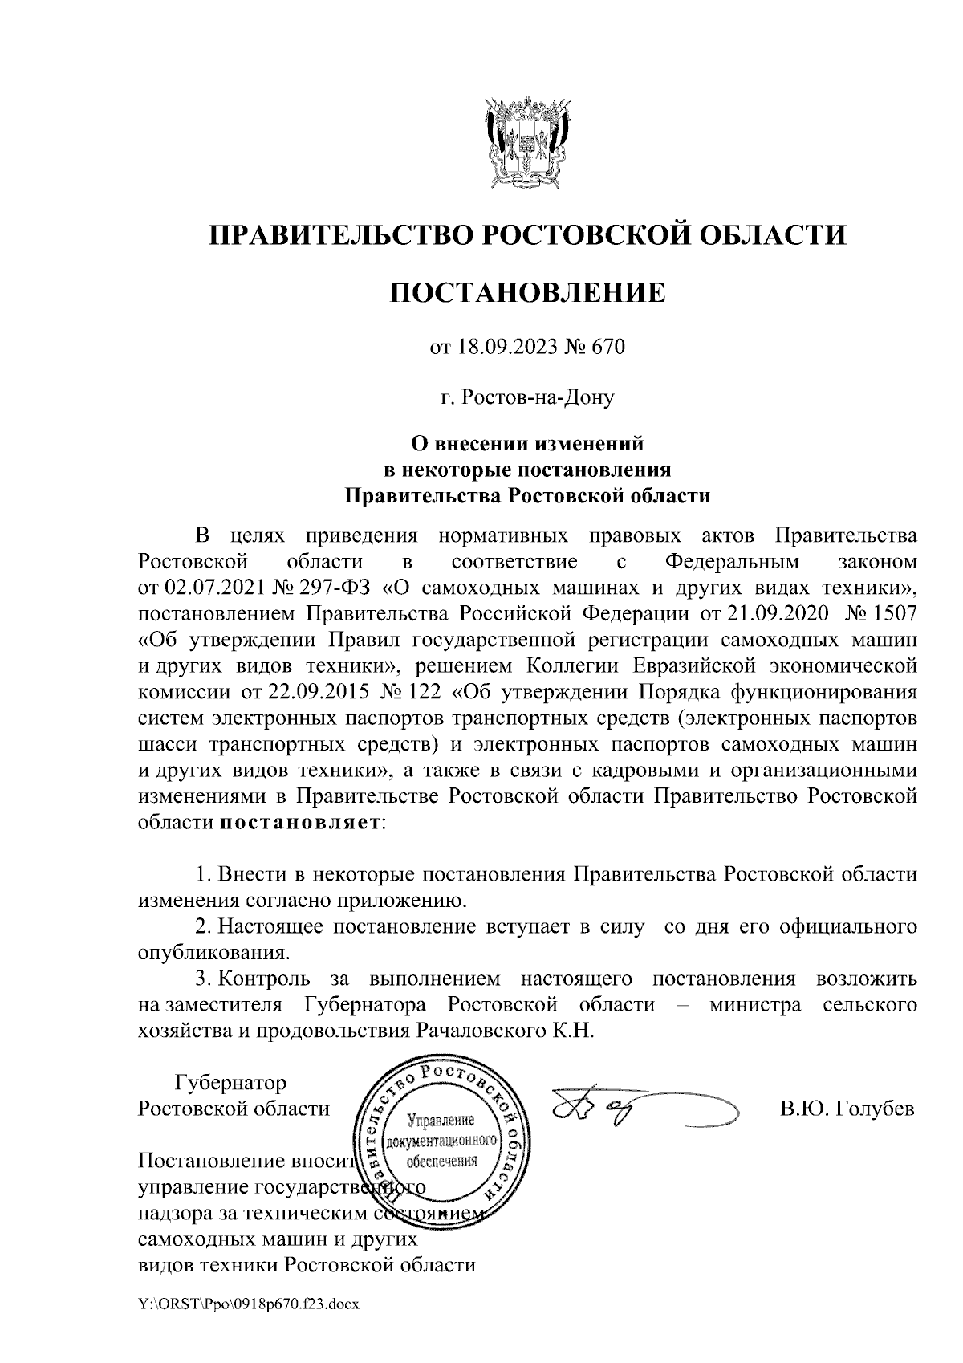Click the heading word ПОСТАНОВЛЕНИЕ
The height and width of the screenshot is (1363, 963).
pyautogui.click(x=527, y=293)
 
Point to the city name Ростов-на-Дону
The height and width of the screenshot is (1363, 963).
pyautogui.click(x=527, y=397)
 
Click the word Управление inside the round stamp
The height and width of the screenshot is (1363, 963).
pyautogui.click(x=441, y=1121)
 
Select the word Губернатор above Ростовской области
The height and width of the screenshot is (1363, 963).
pyautogui.click(x=230, y=1083)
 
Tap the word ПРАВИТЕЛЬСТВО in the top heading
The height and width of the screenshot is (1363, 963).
pyautogui.click(x=337, y=235)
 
